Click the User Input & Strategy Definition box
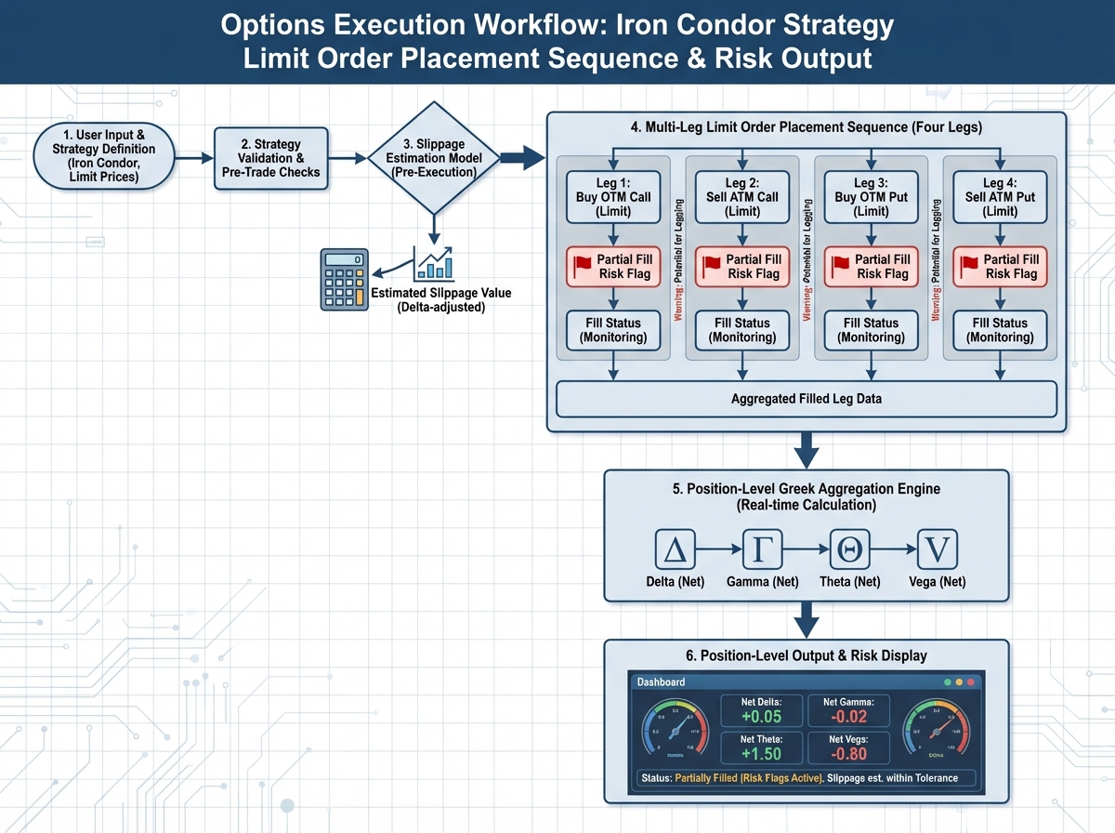104,157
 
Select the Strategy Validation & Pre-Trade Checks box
270,158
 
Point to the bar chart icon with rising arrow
435,264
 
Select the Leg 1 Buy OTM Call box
612,197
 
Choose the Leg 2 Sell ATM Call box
741,197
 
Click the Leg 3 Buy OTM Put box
871,197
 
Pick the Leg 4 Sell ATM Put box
999,197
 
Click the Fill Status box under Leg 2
741,330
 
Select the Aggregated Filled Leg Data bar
806,399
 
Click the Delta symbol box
675,550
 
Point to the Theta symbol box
849,550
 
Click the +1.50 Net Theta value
761,754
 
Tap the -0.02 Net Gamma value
848,716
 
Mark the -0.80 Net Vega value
848,754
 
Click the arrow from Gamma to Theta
806,550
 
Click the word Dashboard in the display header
661,681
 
